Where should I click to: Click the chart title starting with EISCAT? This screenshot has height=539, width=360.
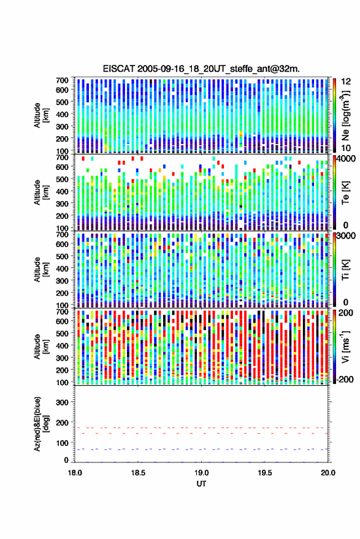201,69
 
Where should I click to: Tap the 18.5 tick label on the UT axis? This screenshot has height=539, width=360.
138,473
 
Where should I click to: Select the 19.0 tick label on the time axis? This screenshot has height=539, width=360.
202,473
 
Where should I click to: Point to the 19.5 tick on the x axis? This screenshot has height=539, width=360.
265,473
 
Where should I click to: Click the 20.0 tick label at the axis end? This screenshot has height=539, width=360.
328,473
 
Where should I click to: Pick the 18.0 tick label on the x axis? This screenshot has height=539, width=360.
75,473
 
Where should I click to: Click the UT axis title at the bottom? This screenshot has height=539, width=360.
202,484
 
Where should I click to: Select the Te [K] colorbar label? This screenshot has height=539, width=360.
345,193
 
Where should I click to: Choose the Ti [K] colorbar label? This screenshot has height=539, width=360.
345,270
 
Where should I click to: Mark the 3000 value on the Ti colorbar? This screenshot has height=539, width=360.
346,236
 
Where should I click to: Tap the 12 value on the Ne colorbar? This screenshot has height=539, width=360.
346,82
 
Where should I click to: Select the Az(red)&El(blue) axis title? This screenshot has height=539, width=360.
40,424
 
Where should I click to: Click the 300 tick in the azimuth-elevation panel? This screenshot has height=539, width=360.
62,402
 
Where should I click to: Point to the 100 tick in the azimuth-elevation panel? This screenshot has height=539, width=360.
62,443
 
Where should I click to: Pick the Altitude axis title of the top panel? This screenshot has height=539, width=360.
40,115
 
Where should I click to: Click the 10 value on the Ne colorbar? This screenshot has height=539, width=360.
346,148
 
